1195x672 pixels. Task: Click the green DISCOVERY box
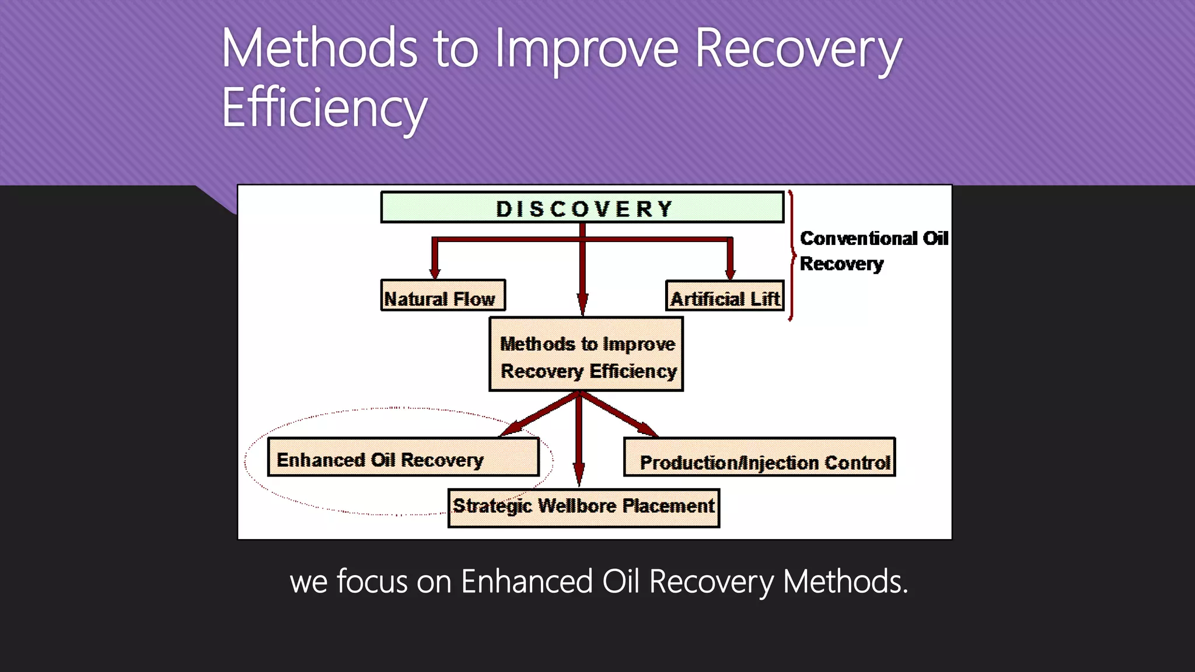pyautogui.click(x=582, y=208)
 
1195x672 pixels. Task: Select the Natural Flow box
pyautogui.click(x=442, y=296)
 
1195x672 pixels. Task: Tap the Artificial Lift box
pyautogui.click(x=725, y=296)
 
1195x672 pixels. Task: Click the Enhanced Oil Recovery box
pyautogui.click(x=403, y=457)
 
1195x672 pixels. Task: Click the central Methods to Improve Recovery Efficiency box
pyautogui.click(x=586, y=354)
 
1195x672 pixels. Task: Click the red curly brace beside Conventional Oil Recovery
pyautogui.click(x=791, y=255)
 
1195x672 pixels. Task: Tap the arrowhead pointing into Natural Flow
pyautogui.click(x=435, y=272)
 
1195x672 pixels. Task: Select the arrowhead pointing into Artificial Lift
pyautogui.click(x=730, y=272)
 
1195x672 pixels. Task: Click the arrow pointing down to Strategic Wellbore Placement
pyautogui.click(x=578, y=473)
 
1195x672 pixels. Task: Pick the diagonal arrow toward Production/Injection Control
pyautogui.click(x=643, y=428)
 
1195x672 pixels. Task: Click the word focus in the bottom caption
pyautogui.click(x=372, y=582)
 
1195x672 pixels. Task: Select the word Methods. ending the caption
pyautogui.click(x=845, y=582)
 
